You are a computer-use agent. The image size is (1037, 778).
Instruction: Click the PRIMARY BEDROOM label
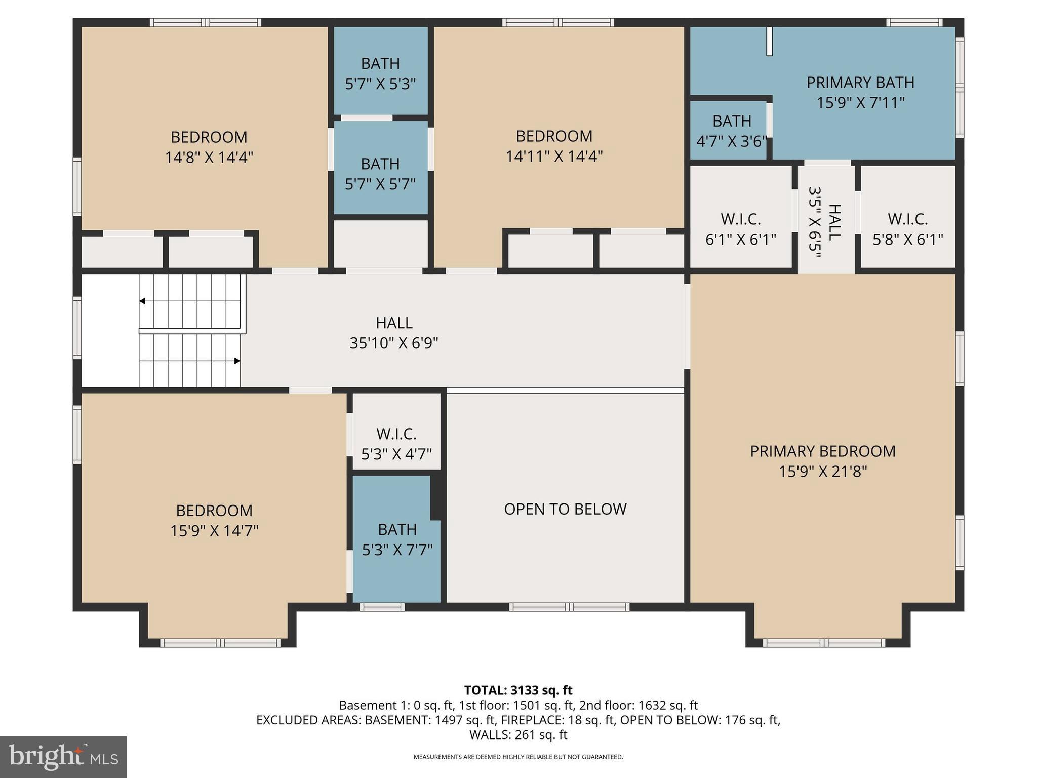[x=822, y=451]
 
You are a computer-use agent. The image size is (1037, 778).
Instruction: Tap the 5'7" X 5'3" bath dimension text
[x=380, y=84]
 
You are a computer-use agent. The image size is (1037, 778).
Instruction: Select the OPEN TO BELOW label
[x=565, y=509]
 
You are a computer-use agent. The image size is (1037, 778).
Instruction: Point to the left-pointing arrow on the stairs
[x=143, y=301]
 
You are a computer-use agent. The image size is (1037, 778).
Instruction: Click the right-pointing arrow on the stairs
[x=236, y=361]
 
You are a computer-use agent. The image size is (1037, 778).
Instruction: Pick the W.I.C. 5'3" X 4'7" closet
[x=396, y=443]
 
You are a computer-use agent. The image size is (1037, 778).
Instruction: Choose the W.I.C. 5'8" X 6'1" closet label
[x=907, y=229]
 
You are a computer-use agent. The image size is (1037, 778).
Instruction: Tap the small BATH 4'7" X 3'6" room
[x=731, y=131]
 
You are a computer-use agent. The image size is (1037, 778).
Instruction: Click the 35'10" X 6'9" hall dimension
[x=393, y=343]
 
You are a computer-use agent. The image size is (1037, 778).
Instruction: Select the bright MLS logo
[x=63, y=757]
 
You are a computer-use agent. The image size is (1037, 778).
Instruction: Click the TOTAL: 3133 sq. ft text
[x=518, y=690]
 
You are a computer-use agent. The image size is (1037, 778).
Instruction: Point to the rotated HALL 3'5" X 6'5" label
[x=825, y=222]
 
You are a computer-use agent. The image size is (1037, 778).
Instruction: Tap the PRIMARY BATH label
[x=860, y=83]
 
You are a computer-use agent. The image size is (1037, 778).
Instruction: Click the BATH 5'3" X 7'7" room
[x=397, y=539]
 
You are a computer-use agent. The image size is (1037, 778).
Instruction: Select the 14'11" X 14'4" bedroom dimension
[x=554, y=156]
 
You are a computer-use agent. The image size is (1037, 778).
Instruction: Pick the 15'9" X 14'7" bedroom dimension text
[x=214, y=531]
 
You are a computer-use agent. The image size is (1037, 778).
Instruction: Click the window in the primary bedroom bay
[x=824, y=643]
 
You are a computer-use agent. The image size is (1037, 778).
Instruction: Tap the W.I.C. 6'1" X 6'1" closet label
[x=740, y=229]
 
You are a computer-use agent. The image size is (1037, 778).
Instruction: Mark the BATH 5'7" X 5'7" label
[x=380, y=174]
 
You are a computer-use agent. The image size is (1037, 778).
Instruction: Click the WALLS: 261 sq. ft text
[x=518, y=734]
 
